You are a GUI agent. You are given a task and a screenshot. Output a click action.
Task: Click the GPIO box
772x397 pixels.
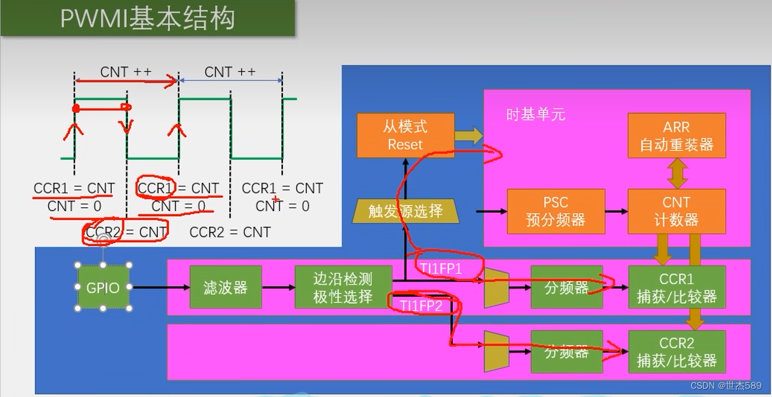103,288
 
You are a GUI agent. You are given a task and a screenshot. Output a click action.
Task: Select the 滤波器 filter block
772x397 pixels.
225,288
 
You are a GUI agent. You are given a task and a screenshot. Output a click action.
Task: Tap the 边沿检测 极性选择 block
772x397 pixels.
343,288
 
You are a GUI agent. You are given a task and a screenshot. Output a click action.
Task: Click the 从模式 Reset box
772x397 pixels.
405,135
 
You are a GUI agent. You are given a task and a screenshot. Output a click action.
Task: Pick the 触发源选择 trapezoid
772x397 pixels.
406,211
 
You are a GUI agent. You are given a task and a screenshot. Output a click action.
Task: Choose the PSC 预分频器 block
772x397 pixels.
555,211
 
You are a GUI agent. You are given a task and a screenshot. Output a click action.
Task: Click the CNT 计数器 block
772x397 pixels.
676,211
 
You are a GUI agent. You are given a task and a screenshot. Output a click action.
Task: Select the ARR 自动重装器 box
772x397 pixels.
676,136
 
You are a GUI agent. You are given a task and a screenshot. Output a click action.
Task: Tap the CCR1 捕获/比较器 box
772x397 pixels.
676,288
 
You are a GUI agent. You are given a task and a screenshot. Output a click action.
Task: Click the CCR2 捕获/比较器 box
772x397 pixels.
676,352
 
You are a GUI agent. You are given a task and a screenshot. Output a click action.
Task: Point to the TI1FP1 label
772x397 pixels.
441,268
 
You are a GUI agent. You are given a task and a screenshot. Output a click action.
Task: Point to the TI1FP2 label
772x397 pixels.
421,306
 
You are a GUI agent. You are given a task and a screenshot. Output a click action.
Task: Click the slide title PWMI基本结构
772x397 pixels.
147,18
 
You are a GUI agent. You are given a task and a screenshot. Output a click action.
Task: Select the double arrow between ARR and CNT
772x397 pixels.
677,173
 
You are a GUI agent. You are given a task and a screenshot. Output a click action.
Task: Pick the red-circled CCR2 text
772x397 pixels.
103,232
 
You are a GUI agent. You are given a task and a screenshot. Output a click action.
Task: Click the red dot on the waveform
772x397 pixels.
76,109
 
